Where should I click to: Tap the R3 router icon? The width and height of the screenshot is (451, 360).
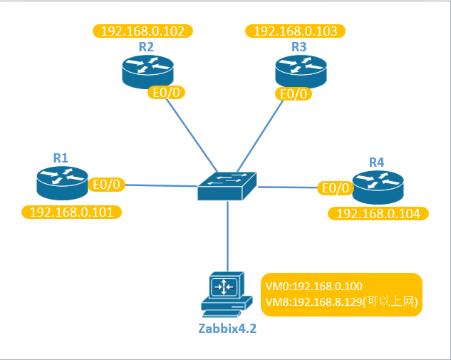click(x=300, y=71)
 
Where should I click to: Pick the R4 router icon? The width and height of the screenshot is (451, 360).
click(x=377, y=187)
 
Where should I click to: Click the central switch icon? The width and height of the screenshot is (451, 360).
click(x=227, y=185)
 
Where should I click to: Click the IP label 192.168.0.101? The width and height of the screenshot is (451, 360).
click(x=71, y=212)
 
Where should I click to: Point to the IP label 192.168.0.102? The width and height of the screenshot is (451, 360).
click(x=143, y=31)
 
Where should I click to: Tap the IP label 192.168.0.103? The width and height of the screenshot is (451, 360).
click(x=296, y=31)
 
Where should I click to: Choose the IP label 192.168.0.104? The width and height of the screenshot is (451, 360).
click(x=378, y=213)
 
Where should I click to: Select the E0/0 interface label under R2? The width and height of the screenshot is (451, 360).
click(x=166, y=93)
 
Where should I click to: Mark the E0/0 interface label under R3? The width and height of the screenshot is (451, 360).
click(x=294, y=93)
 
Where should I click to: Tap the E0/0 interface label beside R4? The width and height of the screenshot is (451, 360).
click(x=335, y=188)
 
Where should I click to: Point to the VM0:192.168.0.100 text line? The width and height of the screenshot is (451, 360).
click(x=313, y=287)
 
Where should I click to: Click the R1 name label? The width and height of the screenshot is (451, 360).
click(x=61, y=158)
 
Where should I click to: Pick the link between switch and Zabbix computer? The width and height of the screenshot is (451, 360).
click(x=227, y=235)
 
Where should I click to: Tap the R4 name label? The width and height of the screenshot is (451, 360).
click(x=376, y=163)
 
